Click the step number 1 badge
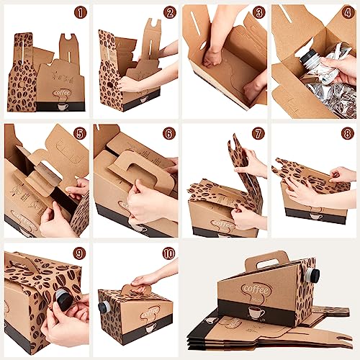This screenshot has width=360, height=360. pos(80,13)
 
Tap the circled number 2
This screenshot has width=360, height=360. pos(169,13)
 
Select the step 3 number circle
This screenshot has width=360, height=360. pos(258,13)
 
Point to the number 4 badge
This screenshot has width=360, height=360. pos(348,13)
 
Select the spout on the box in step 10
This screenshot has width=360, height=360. pos(105,307)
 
